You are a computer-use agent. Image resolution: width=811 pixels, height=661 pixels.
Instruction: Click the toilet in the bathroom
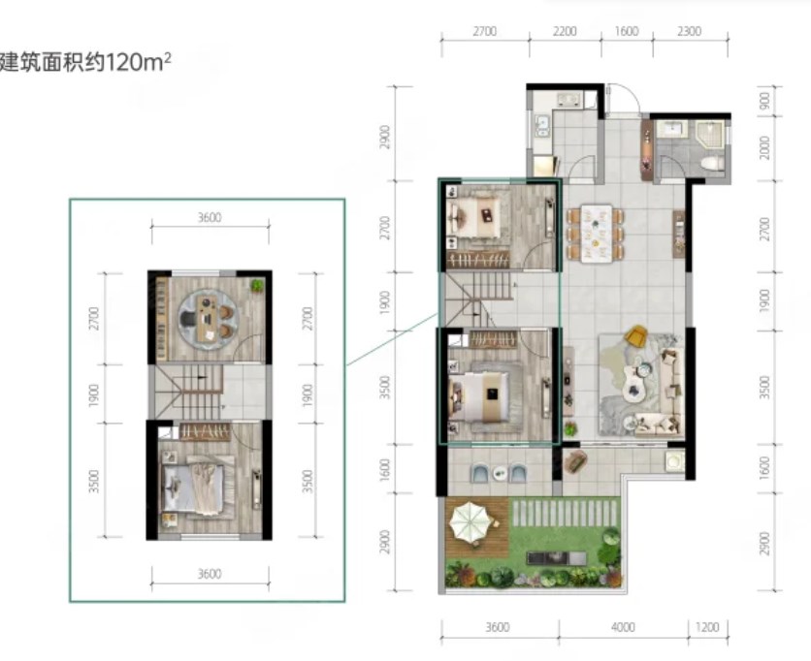coord(712,164)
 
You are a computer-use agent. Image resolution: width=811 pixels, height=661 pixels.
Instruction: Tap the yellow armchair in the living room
coord(636,335)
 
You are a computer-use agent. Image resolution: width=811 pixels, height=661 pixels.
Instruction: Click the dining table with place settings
coord(596,233)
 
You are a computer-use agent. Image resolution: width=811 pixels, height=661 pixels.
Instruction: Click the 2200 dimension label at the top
coord(565,32)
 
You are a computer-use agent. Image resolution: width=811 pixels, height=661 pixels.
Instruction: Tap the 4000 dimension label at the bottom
coord(623,627)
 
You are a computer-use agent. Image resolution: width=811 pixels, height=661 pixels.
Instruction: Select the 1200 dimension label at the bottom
coord(707,627)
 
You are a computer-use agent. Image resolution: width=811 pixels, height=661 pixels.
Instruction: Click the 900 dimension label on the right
coord(765,100)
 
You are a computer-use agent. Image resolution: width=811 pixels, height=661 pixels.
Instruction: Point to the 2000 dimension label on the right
coord(765,148)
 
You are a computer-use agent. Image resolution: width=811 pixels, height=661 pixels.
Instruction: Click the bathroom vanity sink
coord(671,128)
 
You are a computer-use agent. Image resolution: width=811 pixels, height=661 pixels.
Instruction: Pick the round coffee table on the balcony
coord(500,472)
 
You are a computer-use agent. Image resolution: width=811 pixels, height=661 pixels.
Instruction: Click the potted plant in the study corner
coord(256,285)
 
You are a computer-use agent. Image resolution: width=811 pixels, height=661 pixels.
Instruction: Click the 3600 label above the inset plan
coord(210,217)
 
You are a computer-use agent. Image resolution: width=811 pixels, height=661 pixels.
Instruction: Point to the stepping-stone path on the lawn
coord(566,513)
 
